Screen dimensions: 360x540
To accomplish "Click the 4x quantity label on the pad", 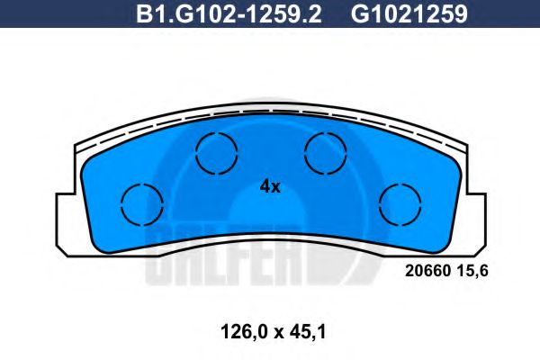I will click(x=270, y=187).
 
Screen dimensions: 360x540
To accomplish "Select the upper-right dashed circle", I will click(x=325, y=151).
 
